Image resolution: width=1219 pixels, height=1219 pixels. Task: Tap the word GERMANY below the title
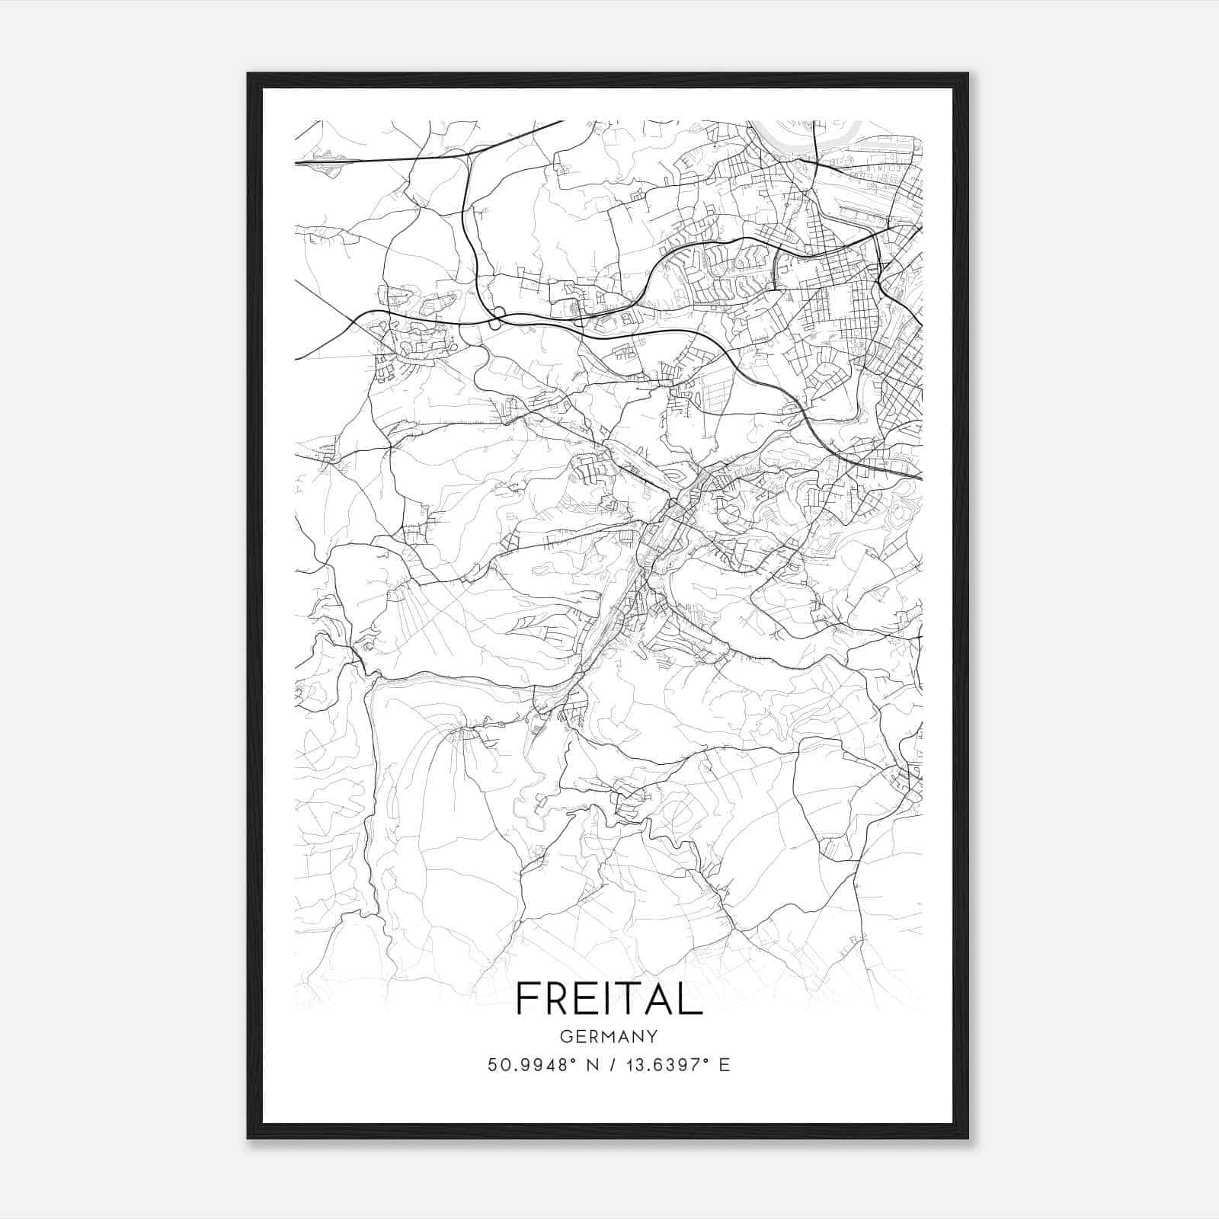[609, 1037]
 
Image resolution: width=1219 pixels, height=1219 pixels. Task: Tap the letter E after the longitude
[725, 1065]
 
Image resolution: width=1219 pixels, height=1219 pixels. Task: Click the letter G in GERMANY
[565, 1037]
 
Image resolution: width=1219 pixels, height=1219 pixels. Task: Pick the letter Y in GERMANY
[652, 1037]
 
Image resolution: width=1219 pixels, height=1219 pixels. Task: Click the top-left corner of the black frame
[249, 75]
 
